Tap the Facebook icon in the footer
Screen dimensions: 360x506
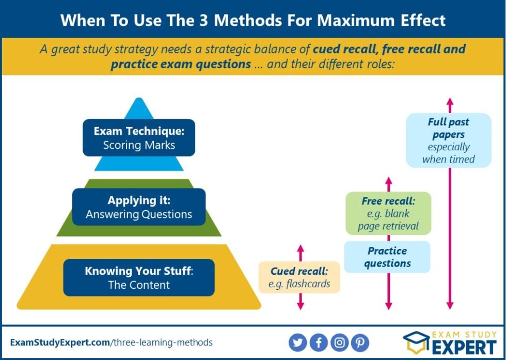tap(319, 342)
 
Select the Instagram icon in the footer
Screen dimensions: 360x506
tap(339, 342)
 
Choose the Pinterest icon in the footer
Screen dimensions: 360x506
tap(360, 342)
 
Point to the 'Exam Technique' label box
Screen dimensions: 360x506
tap(139, 138)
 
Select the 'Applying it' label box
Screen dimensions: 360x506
tap(139, 207)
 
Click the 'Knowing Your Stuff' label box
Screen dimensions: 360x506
tap(139, 277)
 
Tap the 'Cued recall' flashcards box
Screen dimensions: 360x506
tap(299, 277)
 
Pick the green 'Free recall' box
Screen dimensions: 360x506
tap(388, 213)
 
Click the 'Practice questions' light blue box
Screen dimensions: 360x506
tap(387, 257)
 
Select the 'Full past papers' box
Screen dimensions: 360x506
tap(448, 140)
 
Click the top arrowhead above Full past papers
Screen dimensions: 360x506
tap(450, 101)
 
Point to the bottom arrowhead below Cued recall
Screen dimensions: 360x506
tap(301, 306)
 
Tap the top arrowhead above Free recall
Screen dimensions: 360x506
tap(389, 181)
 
